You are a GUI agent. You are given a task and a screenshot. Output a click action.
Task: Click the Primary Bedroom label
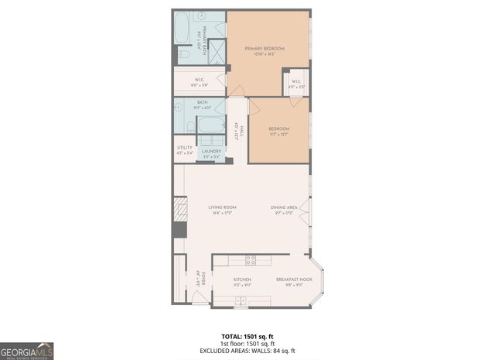265,49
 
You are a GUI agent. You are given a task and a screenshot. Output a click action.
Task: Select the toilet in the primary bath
184,54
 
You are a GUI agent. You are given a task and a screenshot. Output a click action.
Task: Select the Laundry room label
211,152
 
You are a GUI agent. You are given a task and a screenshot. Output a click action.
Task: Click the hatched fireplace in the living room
179,208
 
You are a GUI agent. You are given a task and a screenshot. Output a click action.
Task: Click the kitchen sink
242,300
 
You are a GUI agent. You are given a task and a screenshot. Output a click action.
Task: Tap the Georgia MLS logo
27,350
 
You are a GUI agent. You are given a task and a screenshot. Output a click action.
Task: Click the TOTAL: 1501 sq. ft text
247,336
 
